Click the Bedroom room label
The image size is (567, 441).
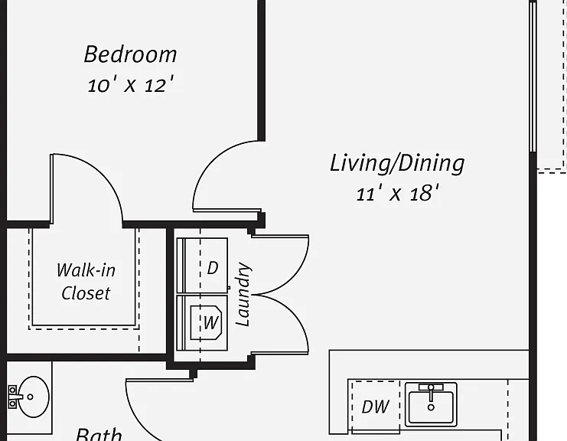click(131, 54)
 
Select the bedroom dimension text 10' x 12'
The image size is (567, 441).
click(131, 85)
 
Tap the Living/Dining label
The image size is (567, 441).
click(397, 165)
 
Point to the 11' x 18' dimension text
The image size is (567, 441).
click(397, 193)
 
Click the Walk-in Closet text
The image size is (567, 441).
click(86, 282)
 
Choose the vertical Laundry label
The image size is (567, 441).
click(243, 294)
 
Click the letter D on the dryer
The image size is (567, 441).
click(213, 268)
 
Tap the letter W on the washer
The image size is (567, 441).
click(211, 322)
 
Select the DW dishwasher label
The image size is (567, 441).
click(376, 407)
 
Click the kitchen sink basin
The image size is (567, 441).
click(431, 407)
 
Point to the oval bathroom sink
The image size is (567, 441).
click(34, 397)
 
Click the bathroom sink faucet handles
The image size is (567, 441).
click(13, 397)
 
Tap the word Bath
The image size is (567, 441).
click(99, 434)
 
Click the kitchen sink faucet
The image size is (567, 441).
click(431, 394)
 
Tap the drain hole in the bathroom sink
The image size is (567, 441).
click(31, 397)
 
